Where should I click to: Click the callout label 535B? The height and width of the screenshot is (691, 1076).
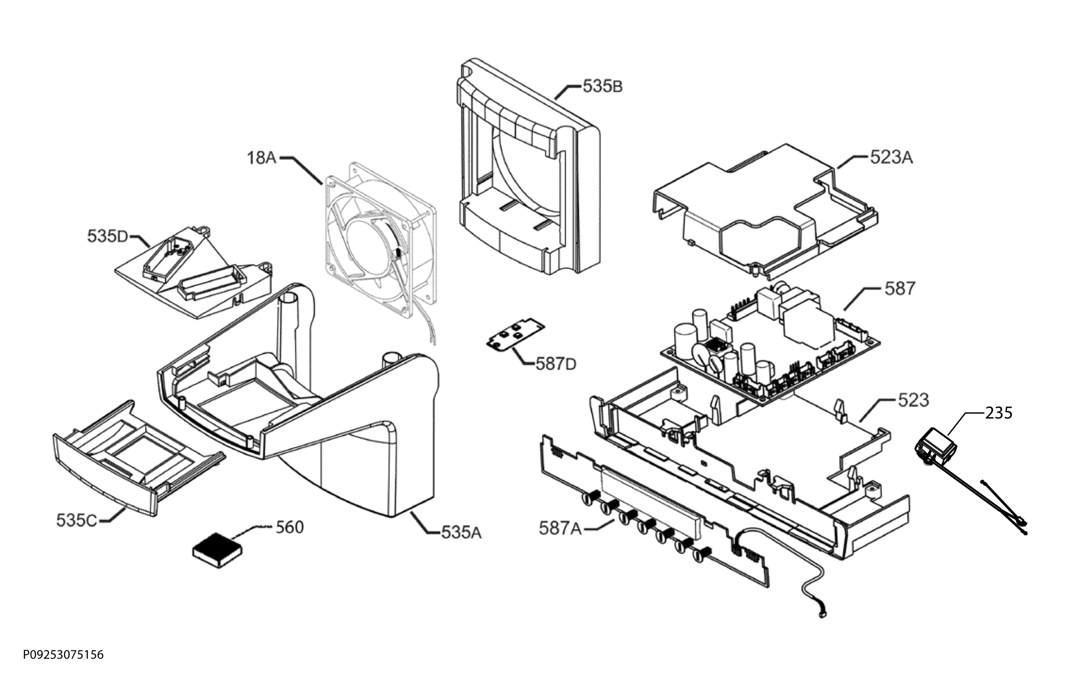pyautogui.click(x=603, y=86)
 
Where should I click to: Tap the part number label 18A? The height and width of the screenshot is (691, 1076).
pyautogui.click(x=262, y=158)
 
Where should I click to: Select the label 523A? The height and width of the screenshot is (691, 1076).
pyautogui.click(x=891, y=157)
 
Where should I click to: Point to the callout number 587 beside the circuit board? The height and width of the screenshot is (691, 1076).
pyautogui.click(x=900, y=289)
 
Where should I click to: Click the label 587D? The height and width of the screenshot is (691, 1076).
pyautogui.click(x=556, y=364)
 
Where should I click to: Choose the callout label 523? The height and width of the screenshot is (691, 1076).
pyautogui.click(x=913, y=400)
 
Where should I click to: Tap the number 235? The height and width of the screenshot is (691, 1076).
pyautogui.click(x=999, y=413)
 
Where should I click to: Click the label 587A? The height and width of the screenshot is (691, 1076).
pyautogui.click(x=560, y=529)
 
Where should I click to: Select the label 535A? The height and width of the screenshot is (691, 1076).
pyautogui.click(x=461, y=533)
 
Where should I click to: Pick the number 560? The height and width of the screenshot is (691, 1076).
pyautogui.click(x=290, y=527)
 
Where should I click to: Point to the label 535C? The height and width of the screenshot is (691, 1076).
pyautogui.click(x=77, y=521)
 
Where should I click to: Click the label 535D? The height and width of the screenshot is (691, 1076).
pyautogui.click(x=108, y=236)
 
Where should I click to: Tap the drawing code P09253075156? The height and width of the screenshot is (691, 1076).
pyautogui.click(x=63, y=655)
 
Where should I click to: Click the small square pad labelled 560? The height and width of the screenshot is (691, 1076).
pyautogui.click(x=217, y=551)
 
